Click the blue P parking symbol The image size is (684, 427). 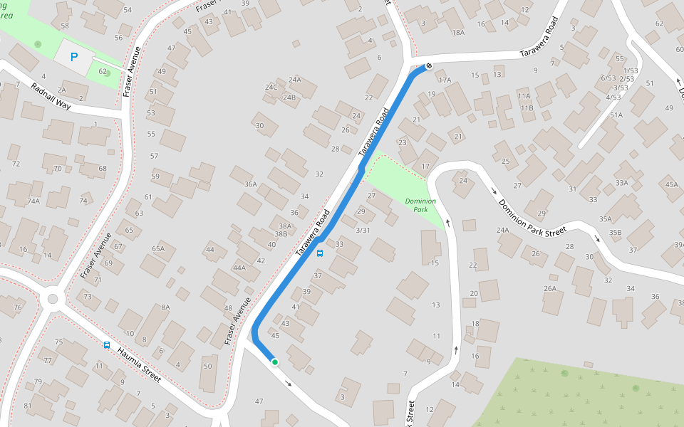[73, 57]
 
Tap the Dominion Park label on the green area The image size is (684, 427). [420, 206]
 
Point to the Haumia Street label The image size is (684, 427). [140, 362]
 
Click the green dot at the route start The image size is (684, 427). [274, 362]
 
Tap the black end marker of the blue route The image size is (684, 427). [428, 66]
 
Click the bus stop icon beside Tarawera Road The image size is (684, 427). [320, 253]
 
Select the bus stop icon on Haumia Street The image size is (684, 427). [107, 345]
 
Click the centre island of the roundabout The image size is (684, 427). [52, 299]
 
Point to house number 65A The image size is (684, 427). [158, 248]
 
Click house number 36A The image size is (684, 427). [250, 184]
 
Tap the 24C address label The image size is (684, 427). [271, 88]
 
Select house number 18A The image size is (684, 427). [457, 33]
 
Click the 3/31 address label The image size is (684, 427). [363, 230]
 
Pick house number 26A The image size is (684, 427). [549, 288]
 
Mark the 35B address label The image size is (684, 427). [615, 233]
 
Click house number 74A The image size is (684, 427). [33, 201]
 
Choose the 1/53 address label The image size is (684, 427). [631, 71]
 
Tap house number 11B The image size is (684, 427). [527, 108]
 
